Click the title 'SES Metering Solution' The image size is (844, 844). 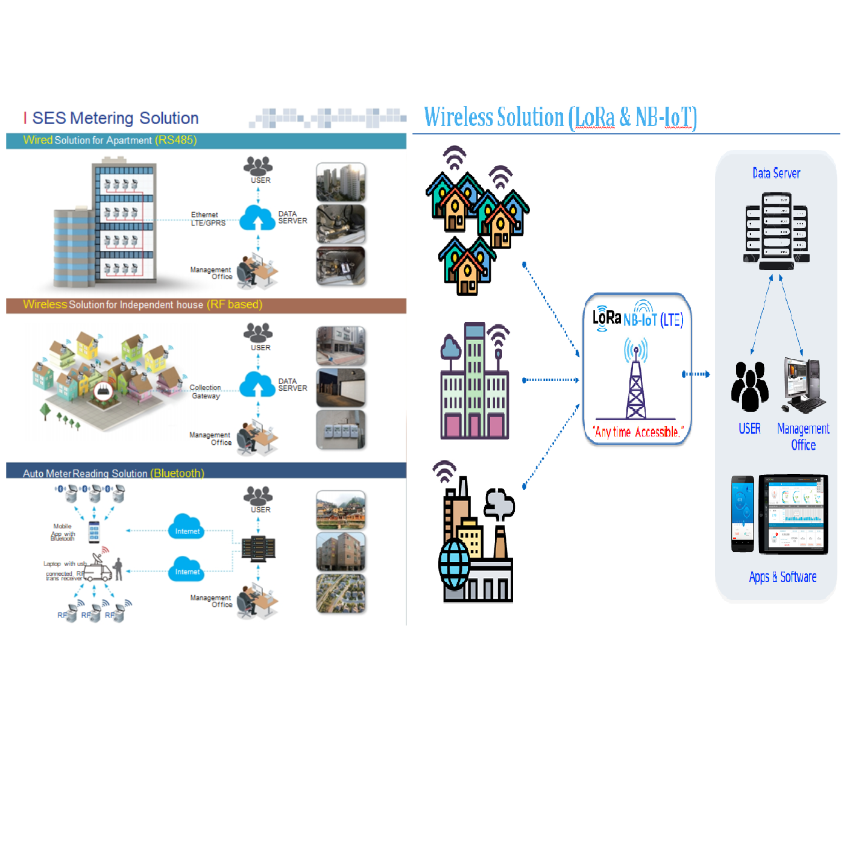(115, 118)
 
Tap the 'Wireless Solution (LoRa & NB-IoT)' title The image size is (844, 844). (560, 118)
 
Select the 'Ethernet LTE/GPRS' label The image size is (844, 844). (208, 219)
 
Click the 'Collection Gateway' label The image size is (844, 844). (206, 392)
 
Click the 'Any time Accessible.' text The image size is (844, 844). (638, 432)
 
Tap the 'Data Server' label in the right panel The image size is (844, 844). (776, 174)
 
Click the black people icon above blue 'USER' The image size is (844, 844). (749, 386)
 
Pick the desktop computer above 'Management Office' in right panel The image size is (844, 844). (803, 386)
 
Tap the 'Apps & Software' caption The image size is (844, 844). (783, 577)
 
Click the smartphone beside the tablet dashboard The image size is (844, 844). (743, 514)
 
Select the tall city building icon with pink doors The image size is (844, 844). (475, 383)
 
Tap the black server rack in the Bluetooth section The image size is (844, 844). (258, 548)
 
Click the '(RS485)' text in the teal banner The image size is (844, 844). (175, 140)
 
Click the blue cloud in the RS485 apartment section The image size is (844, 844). (257, 218)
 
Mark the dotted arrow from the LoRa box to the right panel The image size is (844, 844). (696, 374)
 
